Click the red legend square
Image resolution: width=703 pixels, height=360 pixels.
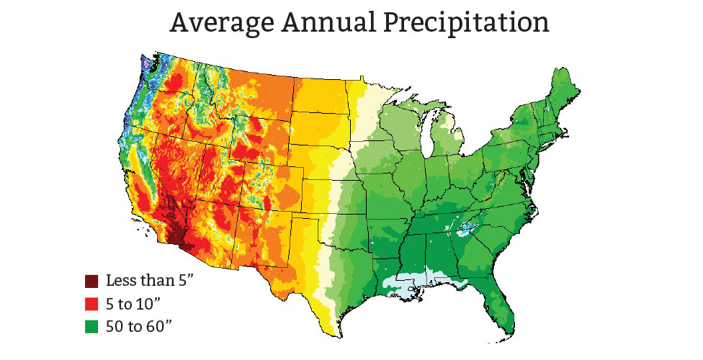(91, 302)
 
